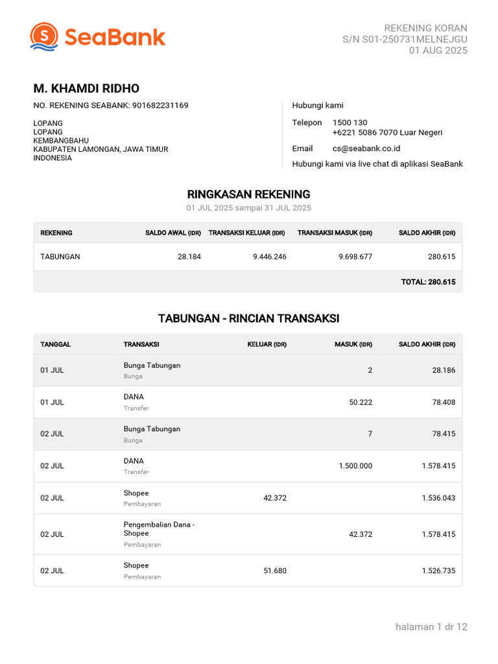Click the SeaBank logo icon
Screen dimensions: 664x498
point(44,36)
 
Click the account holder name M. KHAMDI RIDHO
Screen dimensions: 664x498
point(86,89)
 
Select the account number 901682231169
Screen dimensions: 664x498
point(160,105)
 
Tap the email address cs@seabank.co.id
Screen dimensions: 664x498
point(366,148)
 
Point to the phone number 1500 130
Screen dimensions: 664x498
point(350,123)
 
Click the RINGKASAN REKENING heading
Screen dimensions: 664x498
point(248,194)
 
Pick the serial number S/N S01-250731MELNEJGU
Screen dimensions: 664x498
point(405,39)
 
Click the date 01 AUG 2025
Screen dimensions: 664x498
point(438,51)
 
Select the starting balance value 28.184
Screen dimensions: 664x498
point(189,257)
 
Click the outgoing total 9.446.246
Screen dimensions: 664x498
point(270,257)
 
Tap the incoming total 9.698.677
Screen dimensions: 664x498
point(355,257)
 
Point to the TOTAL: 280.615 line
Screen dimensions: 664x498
point(429,282)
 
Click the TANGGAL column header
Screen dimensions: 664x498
point(56,344)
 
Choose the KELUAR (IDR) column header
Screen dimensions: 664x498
point(267,344)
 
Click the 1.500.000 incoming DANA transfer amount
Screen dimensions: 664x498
point(355,466)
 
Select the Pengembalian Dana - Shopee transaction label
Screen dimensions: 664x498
point(159,528)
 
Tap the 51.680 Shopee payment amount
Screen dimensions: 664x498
point(275,571)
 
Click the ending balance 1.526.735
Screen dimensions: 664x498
point(438,571)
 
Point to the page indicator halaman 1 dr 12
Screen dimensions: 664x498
point(431,626)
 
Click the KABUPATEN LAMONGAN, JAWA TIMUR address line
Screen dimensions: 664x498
point(101,149)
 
